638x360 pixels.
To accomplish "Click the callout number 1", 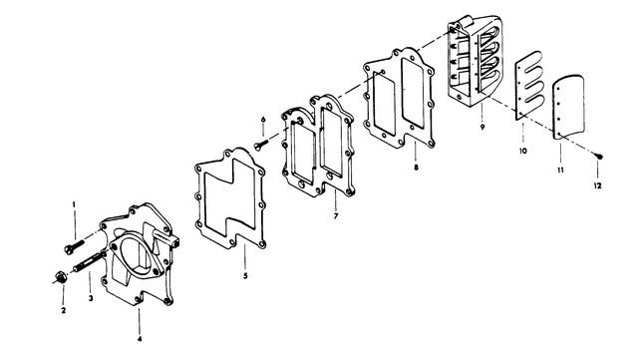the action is [74, 204].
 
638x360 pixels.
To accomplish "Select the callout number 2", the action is [64, 310].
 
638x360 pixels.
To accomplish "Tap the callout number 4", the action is [140, 338].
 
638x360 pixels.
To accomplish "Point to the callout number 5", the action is [245, 275].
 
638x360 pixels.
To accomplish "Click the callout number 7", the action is [336, 215].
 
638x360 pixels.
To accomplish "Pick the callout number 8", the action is [416, 167].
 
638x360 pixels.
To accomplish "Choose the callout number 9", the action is [482, 127].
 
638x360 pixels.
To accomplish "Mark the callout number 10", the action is [523, 151].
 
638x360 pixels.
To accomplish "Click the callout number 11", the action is [560, 170].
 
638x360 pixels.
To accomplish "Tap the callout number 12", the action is [597, 185].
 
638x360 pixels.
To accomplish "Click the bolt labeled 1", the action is [74, 246].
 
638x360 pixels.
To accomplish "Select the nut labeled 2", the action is [61, 277].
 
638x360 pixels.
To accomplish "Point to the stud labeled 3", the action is [87, 262].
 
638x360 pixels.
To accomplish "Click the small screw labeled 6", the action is [261, 145].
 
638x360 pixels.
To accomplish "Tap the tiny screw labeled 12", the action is [598, 156].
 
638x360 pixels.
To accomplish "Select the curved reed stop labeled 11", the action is [569, 107].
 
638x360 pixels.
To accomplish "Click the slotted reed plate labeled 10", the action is [529, 86].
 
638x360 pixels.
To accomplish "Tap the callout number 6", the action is [263, 120].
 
